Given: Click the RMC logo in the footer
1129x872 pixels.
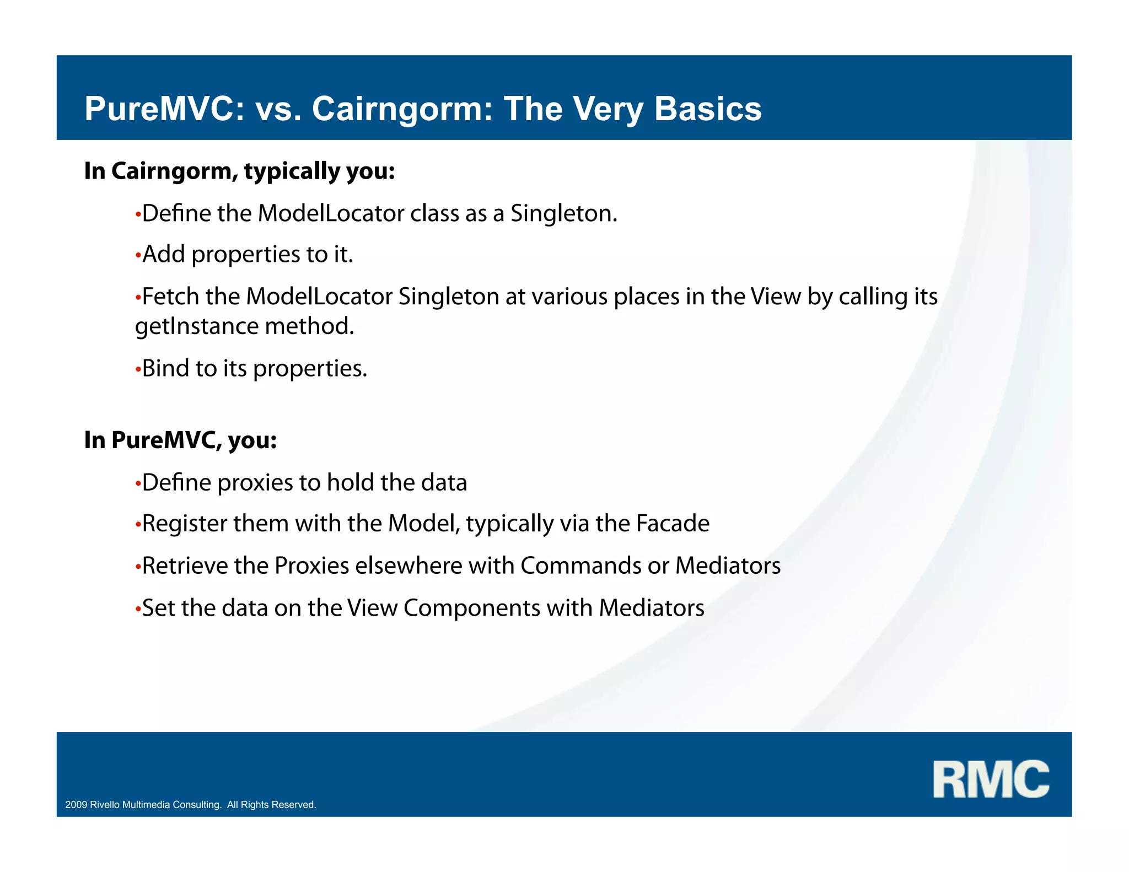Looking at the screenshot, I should point(991,779).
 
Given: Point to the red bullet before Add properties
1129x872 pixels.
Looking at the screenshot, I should point(138,256).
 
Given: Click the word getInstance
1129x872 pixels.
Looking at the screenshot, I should point(197,326).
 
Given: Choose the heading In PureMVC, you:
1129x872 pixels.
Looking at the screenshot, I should point(180,440).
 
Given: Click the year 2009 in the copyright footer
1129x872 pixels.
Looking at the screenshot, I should point(76,805).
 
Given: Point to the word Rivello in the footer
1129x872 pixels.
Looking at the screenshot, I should point(105,805).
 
